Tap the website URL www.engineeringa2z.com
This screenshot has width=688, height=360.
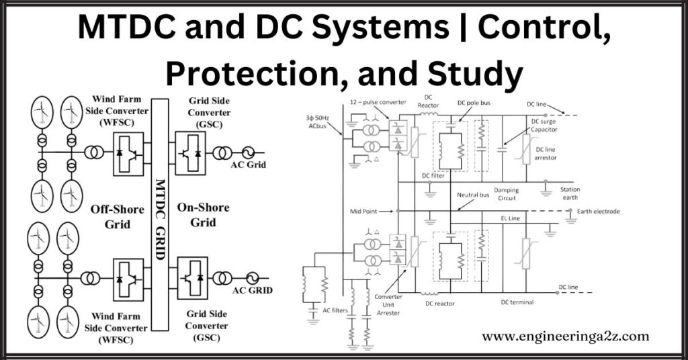(x=566, y=336)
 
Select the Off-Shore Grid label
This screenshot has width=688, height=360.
(x=117, y=216)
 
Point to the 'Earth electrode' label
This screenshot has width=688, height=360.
(x=598, y=212)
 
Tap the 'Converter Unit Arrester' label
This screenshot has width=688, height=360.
(x=388, y=306)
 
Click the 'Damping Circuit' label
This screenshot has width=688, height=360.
(x=506, y=194)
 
